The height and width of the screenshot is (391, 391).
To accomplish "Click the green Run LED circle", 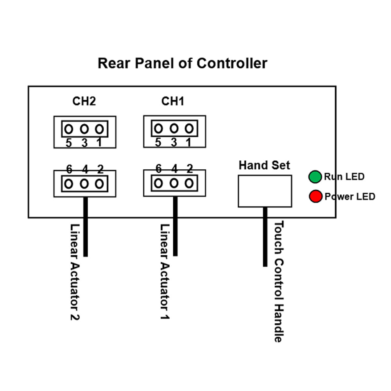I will pos(315,177).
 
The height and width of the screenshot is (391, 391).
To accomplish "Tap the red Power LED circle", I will pos(315,196).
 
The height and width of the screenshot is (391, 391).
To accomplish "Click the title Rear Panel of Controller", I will pos(182,63).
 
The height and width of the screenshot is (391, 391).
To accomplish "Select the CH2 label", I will pos(84,101).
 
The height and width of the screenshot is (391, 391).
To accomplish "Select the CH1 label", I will pos(173,101).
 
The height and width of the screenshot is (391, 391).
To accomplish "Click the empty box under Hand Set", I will pos(265,191).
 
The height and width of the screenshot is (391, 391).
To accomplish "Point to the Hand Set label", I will pos(264,165).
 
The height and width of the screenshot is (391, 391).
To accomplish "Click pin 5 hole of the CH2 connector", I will pos(69,128).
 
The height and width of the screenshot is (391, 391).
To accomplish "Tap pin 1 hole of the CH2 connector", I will pos(99,128).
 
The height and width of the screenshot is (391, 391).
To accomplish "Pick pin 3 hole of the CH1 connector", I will pos(174,128).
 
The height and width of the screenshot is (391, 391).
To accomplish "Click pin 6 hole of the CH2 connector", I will pos(69,183).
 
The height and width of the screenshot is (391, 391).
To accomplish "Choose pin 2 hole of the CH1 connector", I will pos(189,183).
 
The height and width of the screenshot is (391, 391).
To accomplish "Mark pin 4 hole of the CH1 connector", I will pos(174,183).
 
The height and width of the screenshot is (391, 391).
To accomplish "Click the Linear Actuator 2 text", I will pos(74,272).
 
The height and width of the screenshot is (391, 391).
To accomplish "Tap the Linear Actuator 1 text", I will pos(165,272).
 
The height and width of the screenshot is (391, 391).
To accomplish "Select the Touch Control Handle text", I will pos(278,282).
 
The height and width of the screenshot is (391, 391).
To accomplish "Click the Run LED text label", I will pos(344,177).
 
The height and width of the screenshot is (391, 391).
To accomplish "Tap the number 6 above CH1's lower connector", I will pos(158,169).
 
